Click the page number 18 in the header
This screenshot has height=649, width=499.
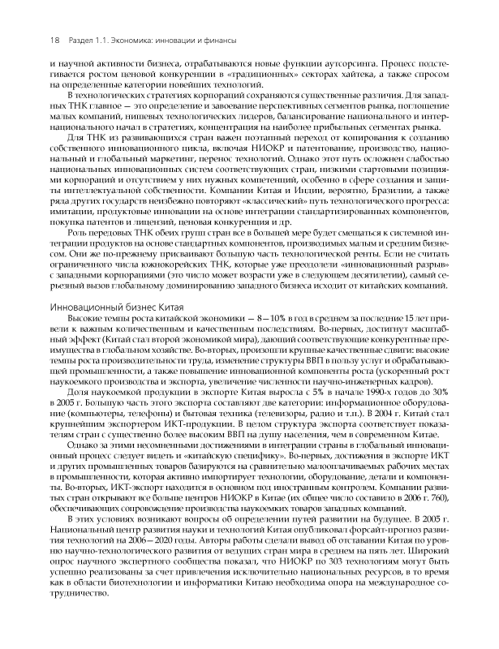(55, 40)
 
